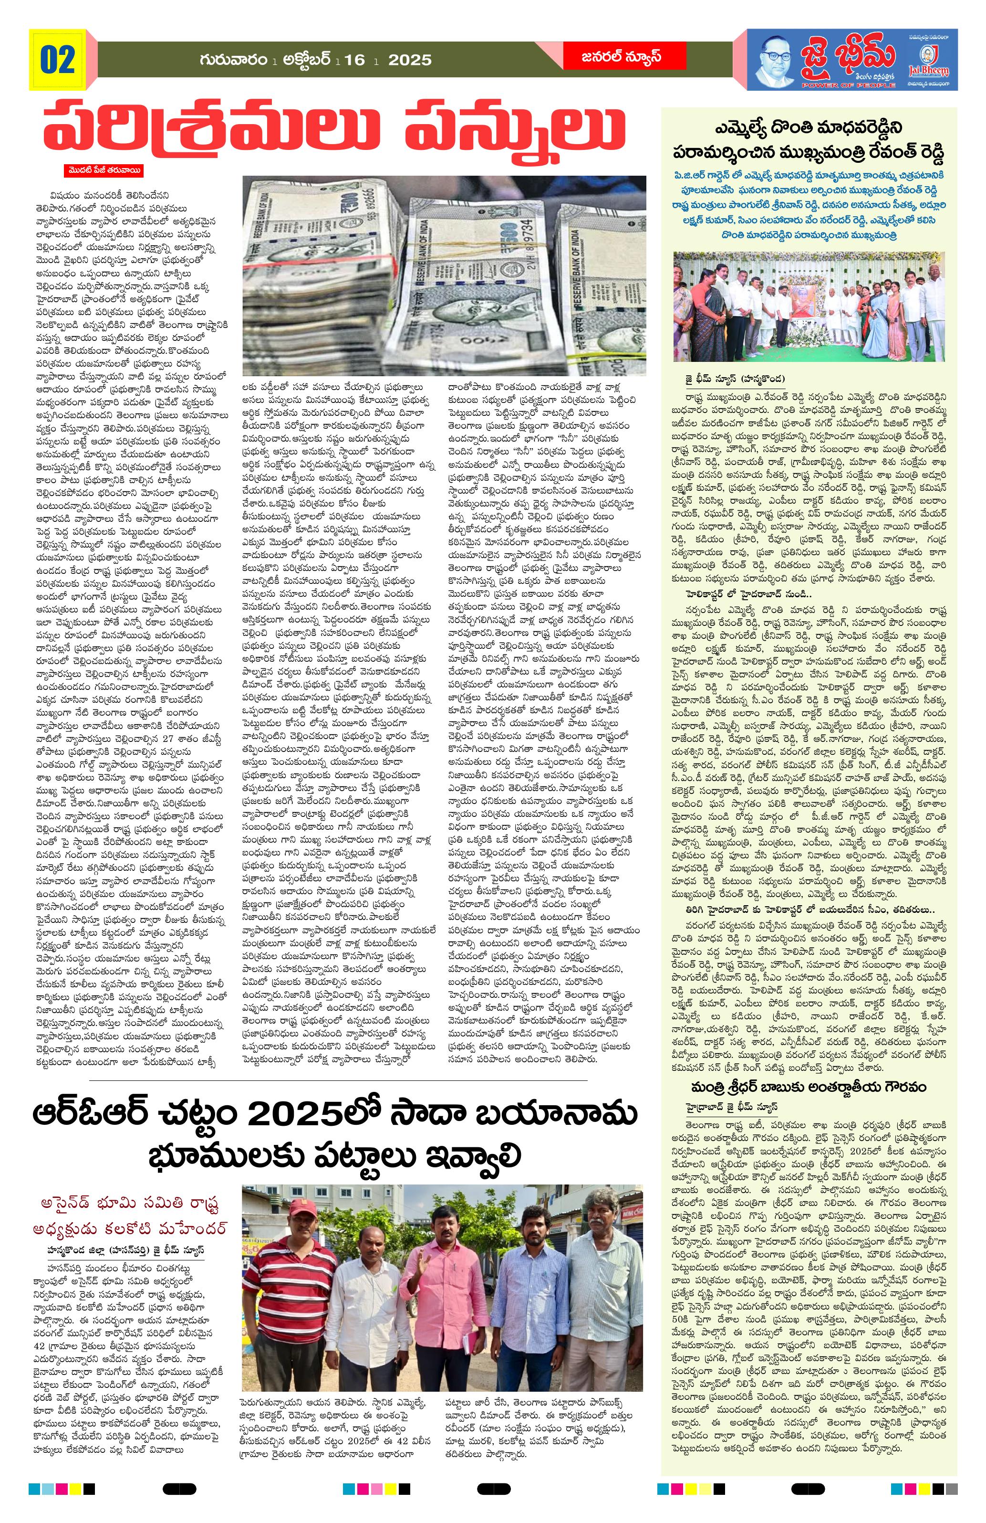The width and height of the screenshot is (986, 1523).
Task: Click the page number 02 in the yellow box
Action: pyautogui.click(x=58, y=60)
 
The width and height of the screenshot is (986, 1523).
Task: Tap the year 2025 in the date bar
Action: pyautogui.click(x=410, y=61)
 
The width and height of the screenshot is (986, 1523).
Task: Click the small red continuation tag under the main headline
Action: pyautogui.click(x=102, y=171)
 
